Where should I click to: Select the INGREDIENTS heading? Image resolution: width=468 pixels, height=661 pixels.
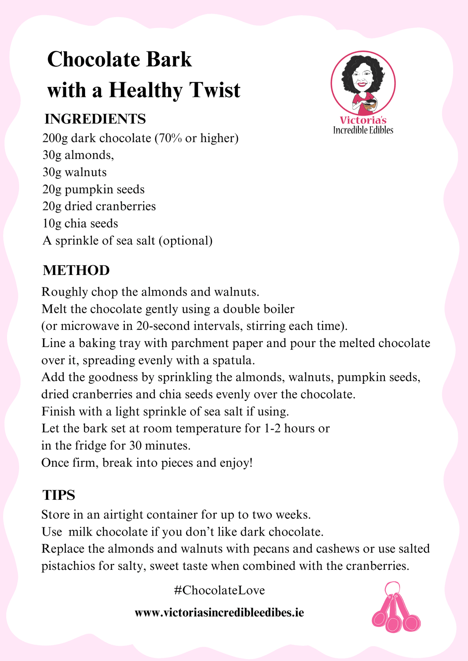[95, 119]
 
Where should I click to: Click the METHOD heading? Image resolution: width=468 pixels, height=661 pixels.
[76, 270]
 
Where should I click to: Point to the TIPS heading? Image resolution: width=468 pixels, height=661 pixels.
[59, 495]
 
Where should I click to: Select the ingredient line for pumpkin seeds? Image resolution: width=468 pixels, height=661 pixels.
[94, 190]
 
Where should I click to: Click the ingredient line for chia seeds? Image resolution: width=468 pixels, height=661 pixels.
[80, 224]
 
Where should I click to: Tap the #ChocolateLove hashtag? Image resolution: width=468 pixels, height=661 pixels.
[220, 590]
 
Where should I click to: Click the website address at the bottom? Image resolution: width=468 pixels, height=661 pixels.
[219, 613]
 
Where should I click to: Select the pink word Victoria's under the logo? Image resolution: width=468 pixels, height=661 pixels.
[363, 120]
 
